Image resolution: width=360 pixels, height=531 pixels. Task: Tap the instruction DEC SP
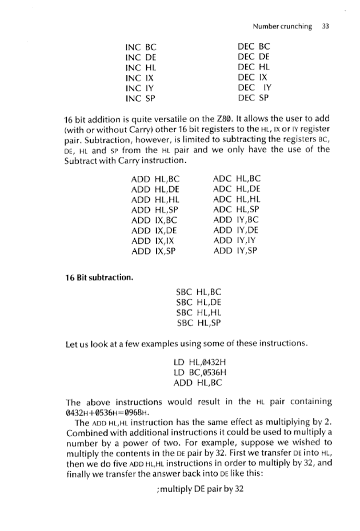(254, 98)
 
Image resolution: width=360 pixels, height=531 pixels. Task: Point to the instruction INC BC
(141, 46)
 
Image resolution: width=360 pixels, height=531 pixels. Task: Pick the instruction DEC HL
(254, 67)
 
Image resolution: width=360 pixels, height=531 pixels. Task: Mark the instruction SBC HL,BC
(198, 292)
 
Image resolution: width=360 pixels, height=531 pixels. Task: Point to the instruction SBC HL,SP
(198, 323)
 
